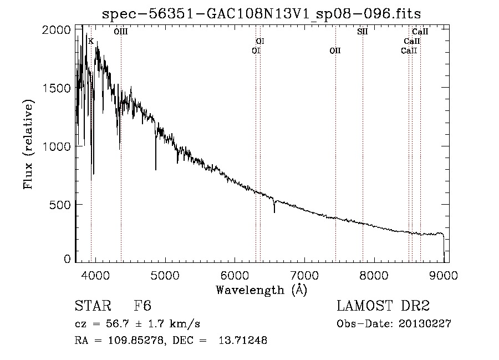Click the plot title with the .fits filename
[x=261, y=14]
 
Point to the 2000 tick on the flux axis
[x=56, y=30]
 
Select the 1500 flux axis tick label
[x=56, y=88]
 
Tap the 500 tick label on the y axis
[x=60, y=205]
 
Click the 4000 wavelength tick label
[x=95, y=275]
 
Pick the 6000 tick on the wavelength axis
[x=235, y=275]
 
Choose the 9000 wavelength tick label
[x=444, y=275]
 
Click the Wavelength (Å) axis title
[x=262, y=290]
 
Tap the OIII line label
[x=121, y=32]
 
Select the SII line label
[x=363, y=32]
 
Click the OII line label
[x=335, y=50]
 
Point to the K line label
[x=91, y=41]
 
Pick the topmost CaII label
[x=420, y=32]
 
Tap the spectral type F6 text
[x=142, y=306]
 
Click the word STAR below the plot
[x=93, y=306]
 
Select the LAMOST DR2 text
[x=383, y=306]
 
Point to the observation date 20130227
[x=425, y=324]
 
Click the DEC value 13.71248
[x=243, y=340]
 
